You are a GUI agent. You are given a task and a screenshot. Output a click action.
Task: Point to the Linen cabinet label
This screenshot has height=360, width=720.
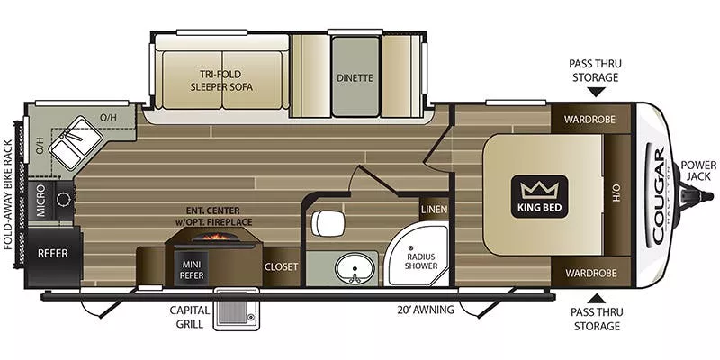433,210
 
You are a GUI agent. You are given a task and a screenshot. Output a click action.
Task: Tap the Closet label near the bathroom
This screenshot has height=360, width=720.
281,267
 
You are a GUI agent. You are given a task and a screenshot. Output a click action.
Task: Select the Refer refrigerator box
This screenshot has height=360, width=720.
53,254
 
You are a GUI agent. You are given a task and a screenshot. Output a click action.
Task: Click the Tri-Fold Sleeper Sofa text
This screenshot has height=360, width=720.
220,81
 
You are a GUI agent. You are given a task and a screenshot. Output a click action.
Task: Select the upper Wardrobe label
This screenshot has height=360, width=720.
589,119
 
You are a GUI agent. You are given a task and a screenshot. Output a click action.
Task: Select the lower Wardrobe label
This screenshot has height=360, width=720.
589,273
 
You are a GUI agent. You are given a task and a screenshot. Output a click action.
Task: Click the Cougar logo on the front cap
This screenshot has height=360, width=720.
657,193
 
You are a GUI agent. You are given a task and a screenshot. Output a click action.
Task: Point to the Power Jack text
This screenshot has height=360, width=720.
698,171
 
